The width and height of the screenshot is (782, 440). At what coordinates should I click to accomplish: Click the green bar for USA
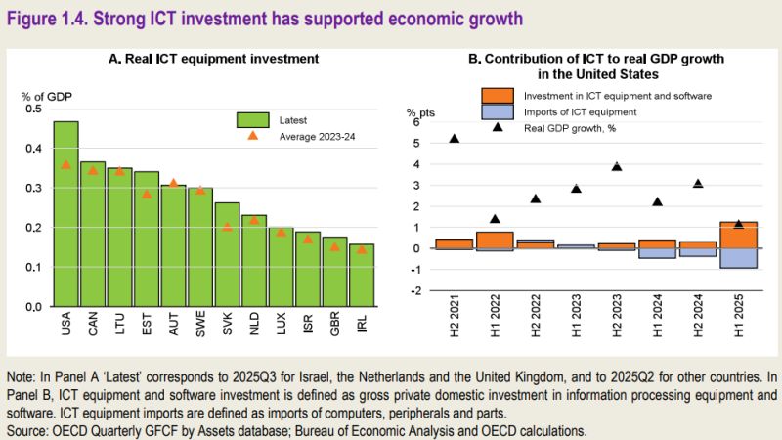click(66, 215)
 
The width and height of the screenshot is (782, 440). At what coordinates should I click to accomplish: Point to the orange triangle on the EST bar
click(147, 194)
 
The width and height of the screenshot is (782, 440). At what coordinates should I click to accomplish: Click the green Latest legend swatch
click(252, 119)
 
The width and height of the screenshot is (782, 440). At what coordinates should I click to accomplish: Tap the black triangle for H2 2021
click(455, 139)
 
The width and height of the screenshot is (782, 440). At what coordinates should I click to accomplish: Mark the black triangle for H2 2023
click(617, 166)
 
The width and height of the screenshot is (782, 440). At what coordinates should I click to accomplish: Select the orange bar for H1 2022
click(495, 240)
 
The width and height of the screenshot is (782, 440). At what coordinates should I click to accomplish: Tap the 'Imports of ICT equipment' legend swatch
click(497, 112)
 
